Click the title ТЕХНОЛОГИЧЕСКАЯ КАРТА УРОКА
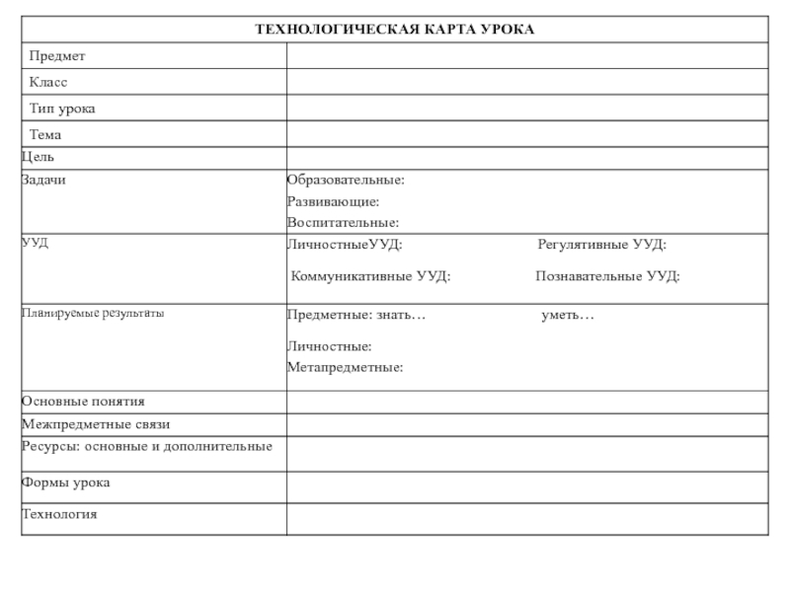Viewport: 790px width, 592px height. [395, 30]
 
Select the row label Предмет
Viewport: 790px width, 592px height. [57, 57]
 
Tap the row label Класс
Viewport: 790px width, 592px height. [48, 83]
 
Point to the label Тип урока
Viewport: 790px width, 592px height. [62, 109]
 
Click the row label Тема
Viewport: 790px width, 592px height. [45, 134]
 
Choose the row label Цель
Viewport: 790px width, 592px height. [38, 157]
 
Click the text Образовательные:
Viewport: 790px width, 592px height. [346, 181]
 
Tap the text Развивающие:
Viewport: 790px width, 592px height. [333, 202]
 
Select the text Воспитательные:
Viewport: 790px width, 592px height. [343, 223]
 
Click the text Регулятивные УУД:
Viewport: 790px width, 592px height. [601, 244]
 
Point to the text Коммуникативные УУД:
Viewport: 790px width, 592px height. [370, 276]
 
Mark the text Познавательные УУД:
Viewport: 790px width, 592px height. [607, 276]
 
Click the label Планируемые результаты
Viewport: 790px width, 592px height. [93, 314]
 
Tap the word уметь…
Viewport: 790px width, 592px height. [568, 315]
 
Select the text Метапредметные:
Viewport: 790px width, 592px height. [345, 368]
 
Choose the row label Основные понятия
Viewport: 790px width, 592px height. [83, 402]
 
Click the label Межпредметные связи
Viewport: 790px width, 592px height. [96, 424]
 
